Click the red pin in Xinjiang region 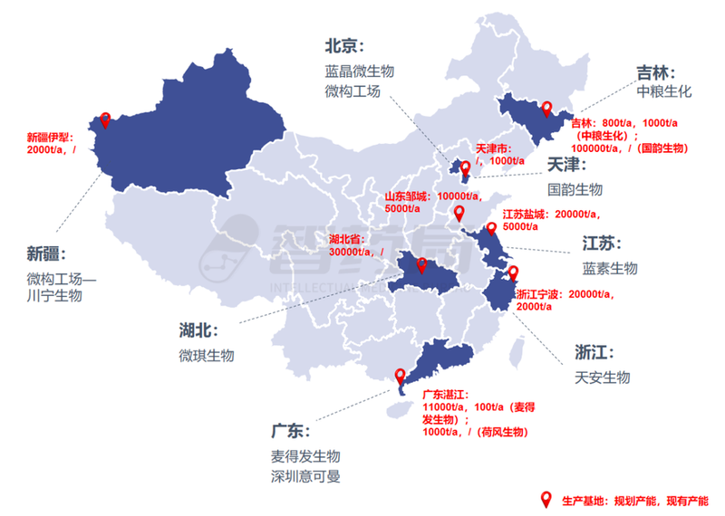[x=105, y=119]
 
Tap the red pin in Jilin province [x=546, y=110]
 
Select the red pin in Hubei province [x=421, y=264]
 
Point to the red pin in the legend [x=546, y=499]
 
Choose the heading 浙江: [x=596, y=351]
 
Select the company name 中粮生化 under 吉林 [x=663, y=91]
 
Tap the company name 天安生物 [x=602, y=377]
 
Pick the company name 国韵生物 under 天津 [x=575, y=189]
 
